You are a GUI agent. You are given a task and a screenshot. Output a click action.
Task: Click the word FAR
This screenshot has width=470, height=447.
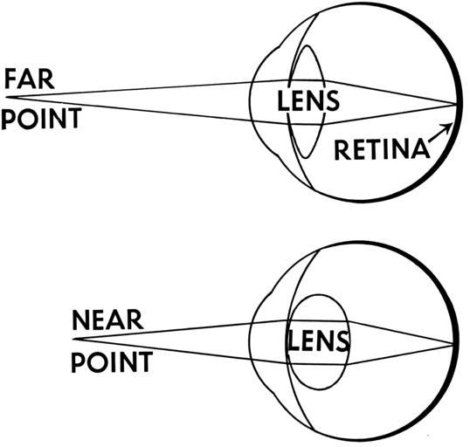pos(30,79)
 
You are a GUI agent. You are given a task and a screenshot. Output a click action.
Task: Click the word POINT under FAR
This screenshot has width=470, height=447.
pos(41,119)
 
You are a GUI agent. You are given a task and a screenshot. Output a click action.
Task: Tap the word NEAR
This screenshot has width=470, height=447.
pos(107,320)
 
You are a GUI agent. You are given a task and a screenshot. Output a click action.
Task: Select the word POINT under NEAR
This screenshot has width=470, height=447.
pos(112,362)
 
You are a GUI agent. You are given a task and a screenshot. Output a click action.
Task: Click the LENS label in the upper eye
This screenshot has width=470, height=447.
pos(308,101)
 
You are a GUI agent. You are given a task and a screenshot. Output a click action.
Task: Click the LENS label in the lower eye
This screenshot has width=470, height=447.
pos(318,341)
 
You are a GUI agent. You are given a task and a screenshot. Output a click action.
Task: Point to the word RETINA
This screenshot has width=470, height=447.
pos(382,149)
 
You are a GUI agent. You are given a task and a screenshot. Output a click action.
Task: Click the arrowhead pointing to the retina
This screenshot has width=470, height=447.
pos(449,127)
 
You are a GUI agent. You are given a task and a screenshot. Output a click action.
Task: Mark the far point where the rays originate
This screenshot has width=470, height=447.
pos(7,97)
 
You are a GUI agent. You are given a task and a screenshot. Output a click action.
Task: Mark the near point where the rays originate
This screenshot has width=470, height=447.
pos(73,339)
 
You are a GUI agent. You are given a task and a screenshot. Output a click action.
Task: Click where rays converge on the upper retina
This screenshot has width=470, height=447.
pos(456,104)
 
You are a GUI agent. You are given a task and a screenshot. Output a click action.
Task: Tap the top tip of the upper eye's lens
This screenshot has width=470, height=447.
pos(307,45)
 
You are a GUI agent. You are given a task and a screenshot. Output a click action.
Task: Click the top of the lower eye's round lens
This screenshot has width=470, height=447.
pos(318,294)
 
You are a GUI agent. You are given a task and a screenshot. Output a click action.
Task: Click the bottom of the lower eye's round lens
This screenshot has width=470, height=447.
pos(319,389)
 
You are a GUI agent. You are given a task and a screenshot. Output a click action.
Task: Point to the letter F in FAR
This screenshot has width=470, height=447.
pos(10,79)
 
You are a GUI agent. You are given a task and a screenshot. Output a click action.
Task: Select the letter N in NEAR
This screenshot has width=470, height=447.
pos(80,320)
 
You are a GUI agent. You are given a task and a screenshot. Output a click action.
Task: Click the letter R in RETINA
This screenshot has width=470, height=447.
pos(342,149)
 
